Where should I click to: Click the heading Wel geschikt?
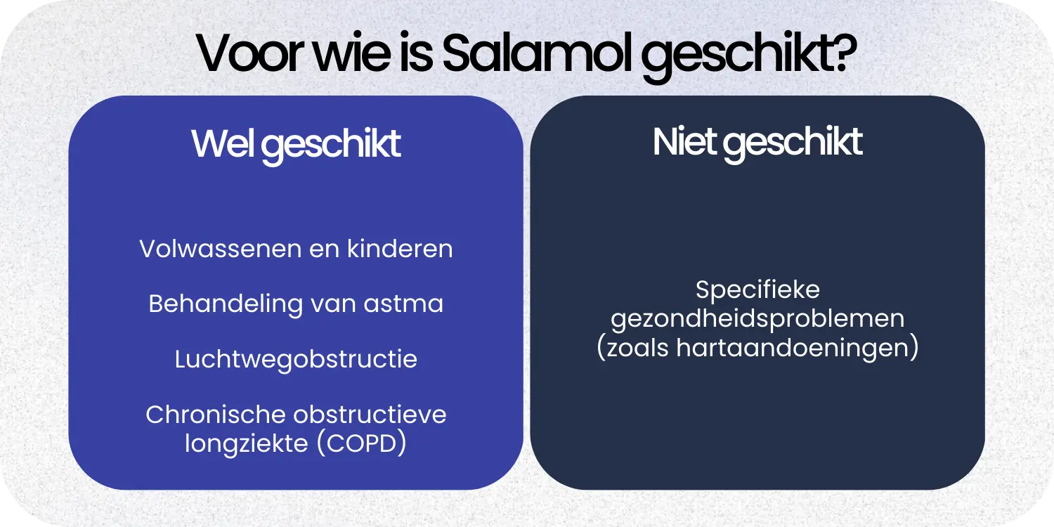pyautogui.click(x=296, y=144)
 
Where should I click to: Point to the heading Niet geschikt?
pyautogui.click(x=757, y=143)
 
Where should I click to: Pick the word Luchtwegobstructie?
pyautogui.click(x=296, y=359)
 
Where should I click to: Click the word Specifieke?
pyautogui.click(x=757, y=289)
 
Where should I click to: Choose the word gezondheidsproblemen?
pyautogui.click(x=757, y=319)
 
